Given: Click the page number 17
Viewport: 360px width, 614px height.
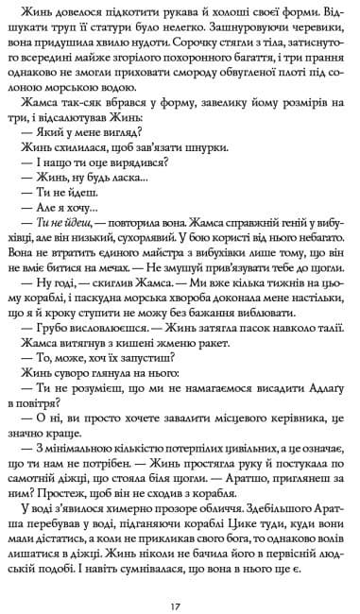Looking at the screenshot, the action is (x=180, y=580).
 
